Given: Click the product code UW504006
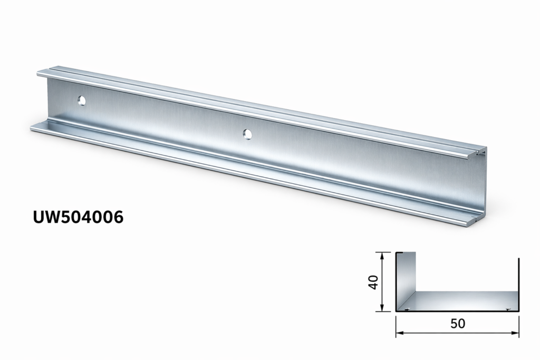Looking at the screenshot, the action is click(x=78, y=217).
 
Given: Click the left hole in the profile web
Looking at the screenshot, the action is click(x=82, y=101).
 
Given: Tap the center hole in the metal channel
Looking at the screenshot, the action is click(x=247, y=134).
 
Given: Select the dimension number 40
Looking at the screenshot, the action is click(x=374, y=282).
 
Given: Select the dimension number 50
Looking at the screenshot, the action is click(x=458, y=324).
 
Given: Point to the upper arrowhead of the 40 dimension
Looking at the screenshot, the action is click(x=382, y=255).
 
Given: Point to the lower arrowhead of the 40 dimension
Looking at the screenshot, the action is click(x=382, y=308).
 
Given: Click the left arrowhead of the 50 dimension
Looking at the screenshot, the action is click(x=400, y=333).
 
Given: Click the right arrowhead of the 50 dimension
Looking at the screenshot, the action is click(x=515, y=333).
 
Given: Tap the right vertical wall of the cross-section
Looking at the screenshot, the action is click(x=518, y=284).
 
